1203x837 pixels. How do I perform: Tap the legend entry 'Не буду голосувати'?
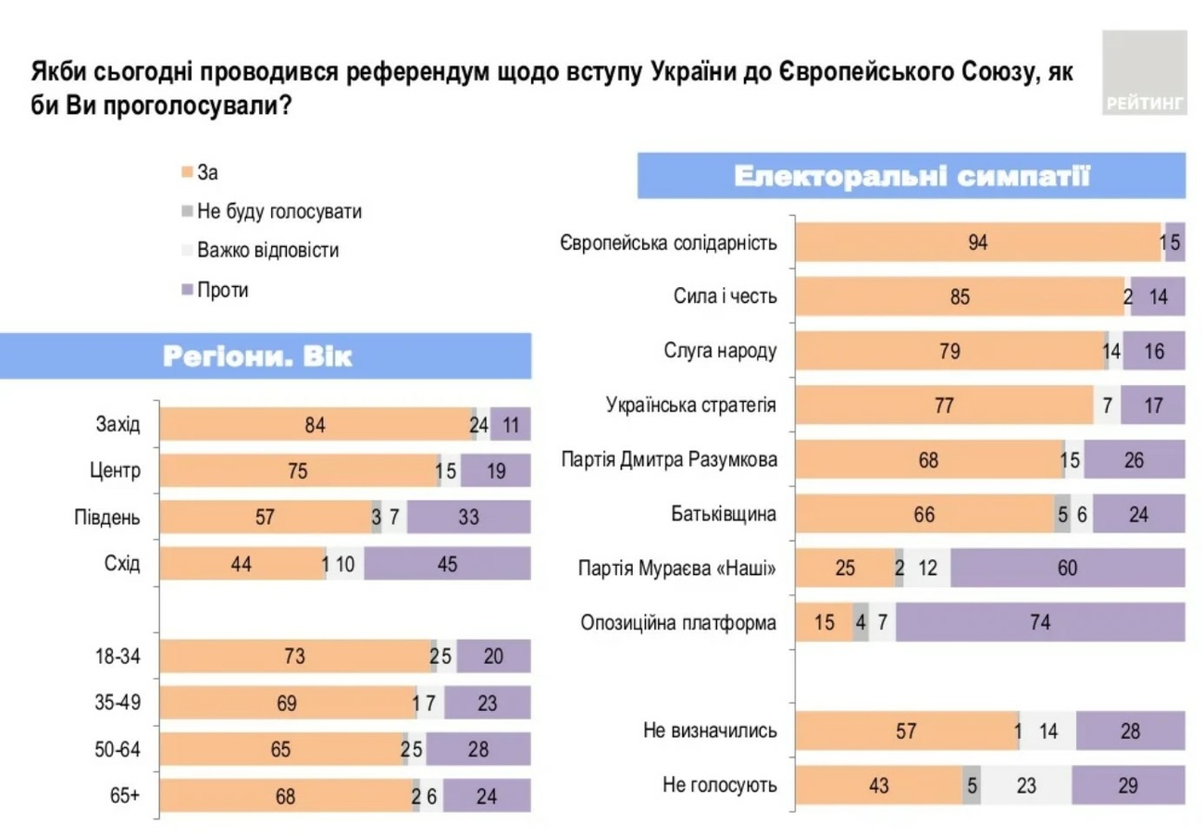point(279,211)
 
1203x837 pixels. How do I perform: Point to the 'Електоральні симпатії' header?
point(912,176)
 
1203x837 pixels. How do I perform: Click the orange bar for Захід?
point(316,425)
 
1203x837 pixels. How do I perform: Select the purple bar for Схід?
point(447,563)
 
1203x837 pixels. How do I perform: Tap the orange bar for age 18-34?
point(295,656)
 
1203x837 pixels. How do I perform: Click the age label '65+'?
point(126,794)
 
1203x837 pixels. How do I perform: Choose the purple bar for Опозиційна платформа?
point(1040,622)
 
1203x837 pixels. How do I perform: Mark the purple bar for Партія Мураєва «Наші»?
point(1067,568)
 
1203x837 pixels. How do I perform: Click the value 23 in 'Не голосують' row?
point(1024,785)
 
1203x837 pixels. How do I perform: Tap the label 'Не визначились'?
point(711,731)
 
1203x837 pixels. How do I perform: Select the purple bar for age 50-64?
point(477,749)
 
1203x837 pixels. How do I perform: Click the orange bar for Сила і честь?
point(960,298)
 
